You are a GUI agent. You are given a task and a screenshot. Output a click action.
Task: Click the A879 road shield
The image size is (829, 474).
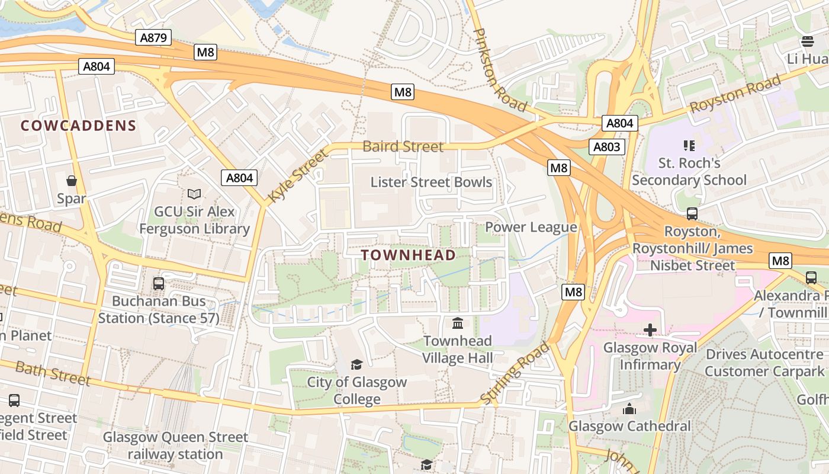click(153, 38)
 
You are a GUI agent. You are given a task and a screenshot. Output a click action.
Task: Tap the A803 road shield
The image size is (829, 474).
click(607, 147)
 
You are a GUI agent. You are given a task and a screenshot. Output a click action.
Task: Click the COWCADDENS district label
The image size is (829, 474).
click(79, 126)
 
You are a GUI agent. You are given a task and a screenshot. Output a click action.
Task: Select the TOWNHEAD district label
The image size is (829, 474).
click(409, 255)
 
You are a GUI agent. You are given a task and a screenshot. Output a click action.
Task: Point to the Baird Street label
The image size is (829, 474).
click(403, 146)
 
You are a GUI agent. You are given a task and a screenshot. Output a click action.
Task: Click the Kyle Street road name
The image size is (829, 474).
click(298, 176)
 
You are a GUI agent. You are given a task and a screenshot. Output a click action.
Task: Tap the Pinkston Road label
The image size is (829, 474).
click(500, 70)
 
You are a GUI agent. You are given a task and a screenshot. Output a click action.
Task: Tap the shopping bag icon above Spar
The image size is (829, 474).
click(72, 181)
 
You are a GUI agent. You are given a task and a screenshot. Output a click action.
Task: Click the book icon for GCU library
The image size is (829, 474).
click(194, 194)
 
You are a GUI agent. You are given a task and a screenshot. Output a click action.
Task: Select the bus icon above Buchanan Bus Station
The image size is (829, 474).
click(159, 283)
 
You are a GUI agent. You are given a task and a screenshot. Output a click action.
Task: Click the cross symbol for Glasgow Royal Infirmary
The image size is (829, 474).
click(650, 330)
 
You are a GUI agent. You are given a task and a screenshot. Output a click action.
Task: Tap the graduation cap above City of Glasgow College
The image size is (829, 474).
click(356, 364)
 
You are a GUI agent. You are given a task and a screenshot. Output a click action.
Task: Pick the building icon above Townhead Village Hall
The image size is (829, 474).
click(458, 323)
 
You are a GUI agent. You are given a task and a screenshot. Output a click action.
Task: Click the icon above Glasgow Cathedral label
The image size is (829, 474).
click(629, 408)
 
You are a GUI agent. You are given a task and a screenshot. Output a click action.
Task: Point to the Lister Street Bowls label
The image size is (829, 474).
click(431, 182)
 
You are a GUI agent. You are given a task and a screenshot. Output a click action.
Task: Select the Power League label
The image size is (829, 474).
click(531, 227)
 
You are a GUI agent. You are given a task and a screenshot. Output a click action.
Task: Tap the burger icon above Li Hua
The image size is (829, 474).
click(808, 41)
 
